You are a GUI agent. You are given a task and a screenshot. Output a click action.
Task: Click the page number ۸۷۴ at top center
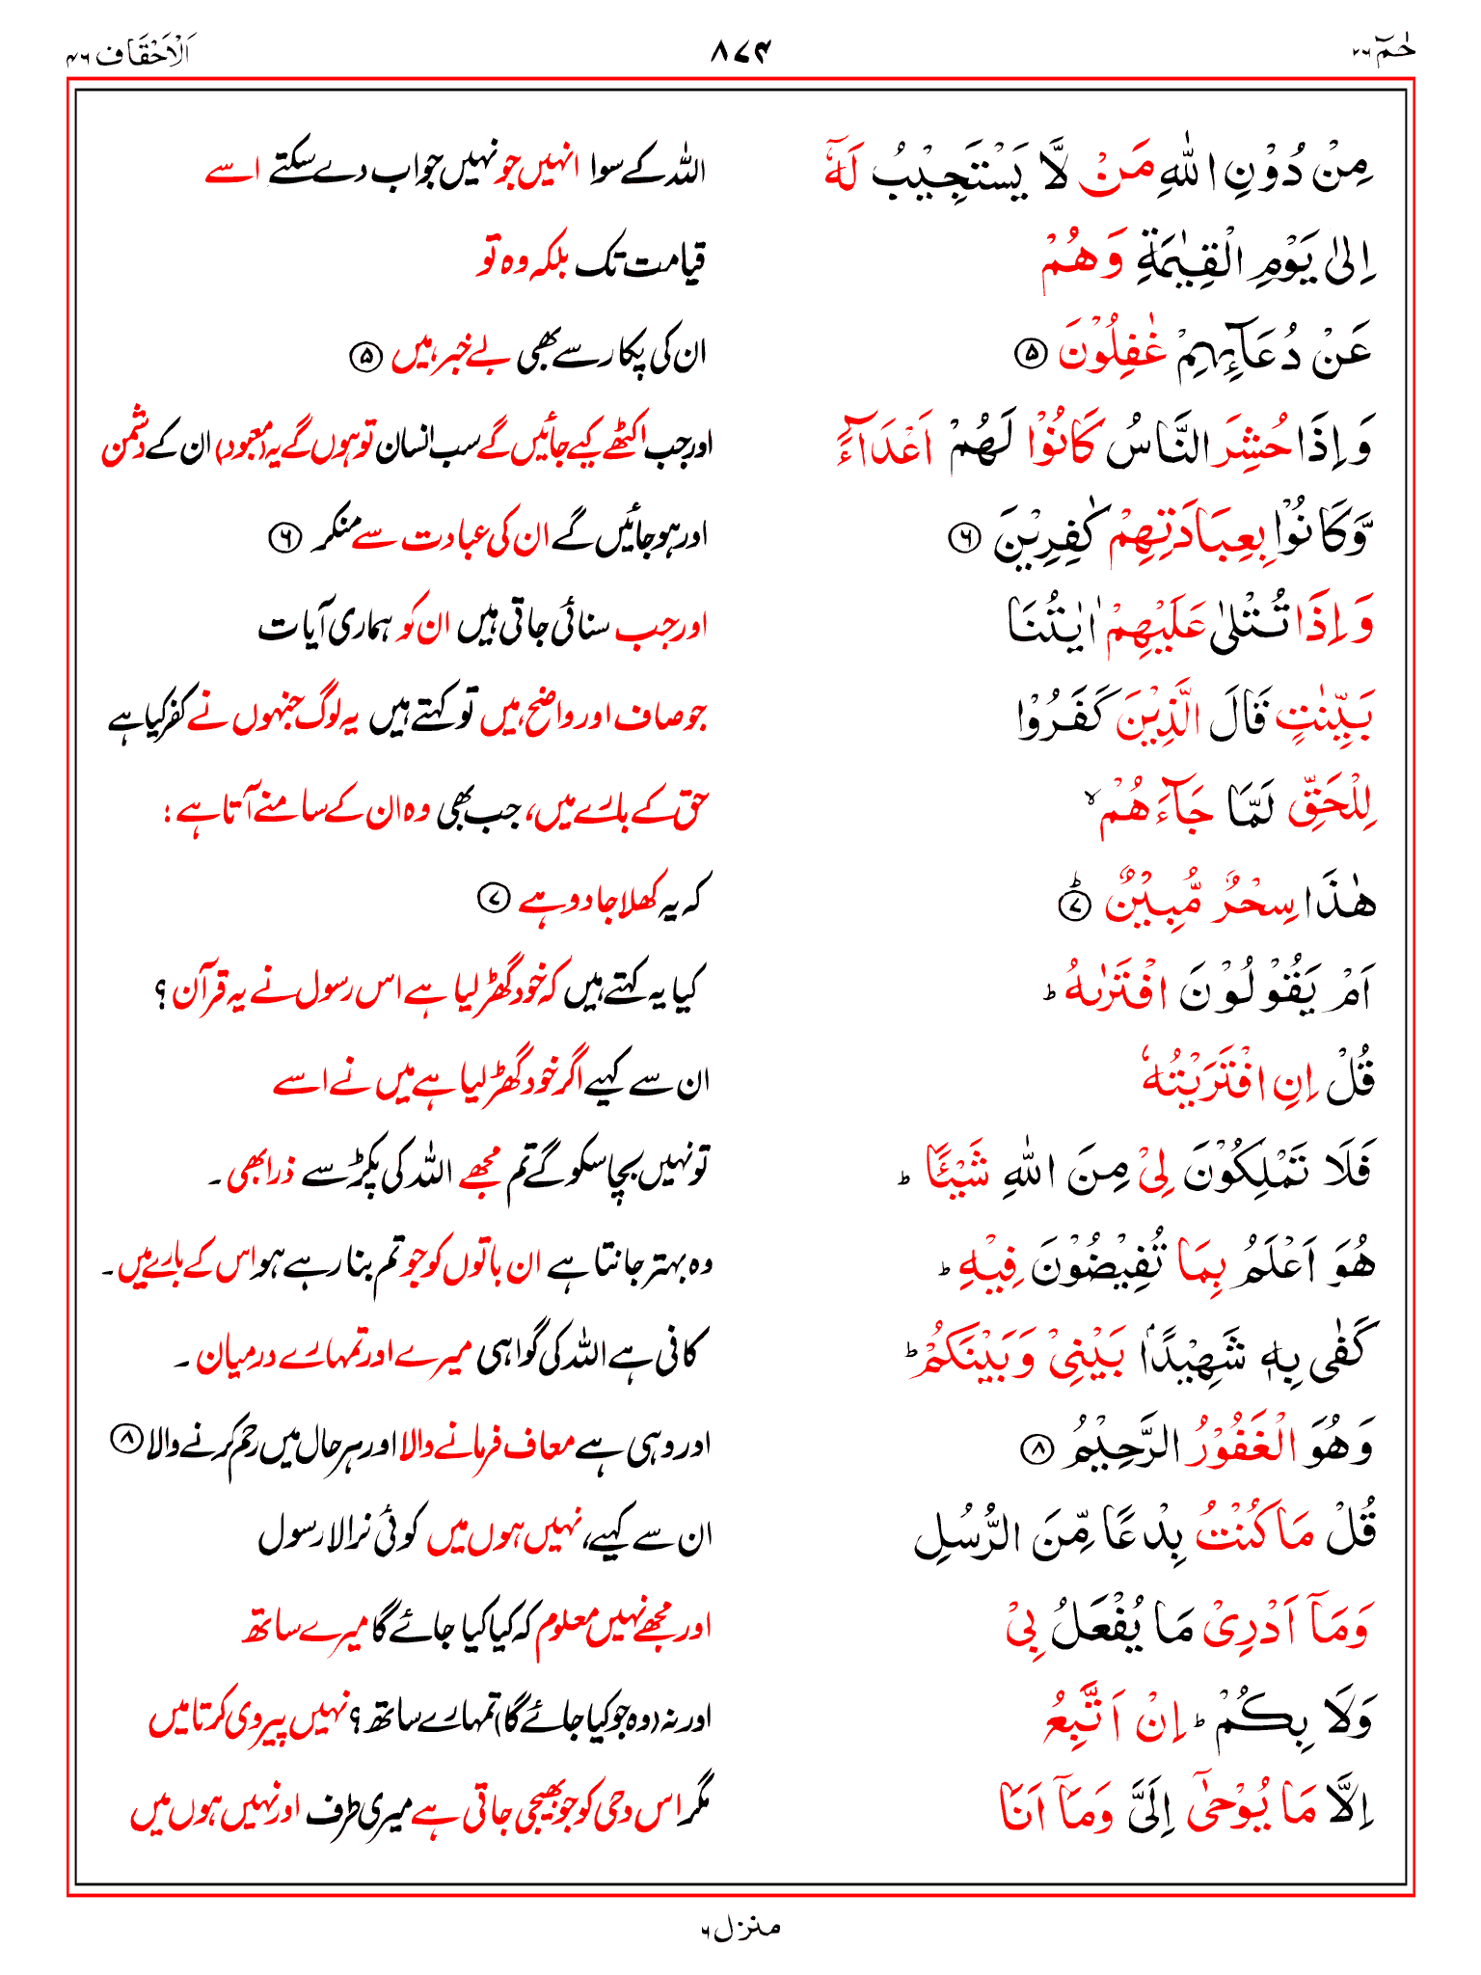[741, 51]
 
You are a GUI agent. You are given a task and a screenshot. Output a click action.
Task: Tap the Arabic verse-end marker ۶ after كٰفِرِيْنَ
[962, 539]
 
